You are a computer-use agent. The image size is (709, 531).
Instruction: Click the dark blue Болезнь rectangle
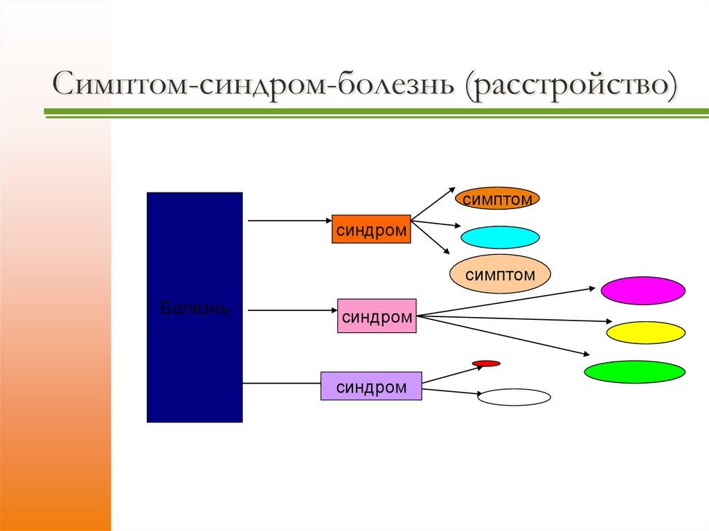pyautogui.click(x=195, y=307)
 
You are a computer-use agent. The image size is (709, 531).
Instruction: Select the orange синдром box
pyautogui.click(x=371, y=229)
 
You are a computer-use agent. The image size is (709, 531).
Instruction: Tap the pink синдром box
pyautogui.click(x=377, y=316)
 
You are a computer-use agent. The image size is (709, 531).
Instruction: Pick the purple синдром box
pyautogui.click(x=371, y=386)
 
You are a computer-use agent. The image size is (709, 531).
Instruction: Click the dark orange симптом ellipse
pyautogui.click(x=497, y=199)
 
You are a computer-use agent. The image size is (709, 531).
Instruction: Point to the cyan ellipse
pyautogui.click(x=500, y=237)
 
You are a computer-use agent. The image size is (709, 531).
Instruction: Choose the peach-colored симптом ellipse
pyautogui.click(x=500, y=274)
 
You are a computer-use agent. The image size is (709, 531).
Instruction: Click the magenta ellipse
pyautogui.click(x=643, y=291)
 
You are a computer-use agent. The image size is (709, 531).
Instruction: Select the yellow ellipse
pyautogui.click(x=645, y=333)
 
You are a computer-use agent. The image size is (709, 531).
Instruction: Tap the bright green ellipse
pyautogui.click(x=634, y=372)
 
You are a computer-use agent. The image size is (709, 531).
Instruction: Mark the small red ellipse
pyautogui.click(x=486, y=363)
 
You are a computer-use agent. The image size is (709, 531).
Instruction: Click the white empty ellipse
pyautogui.click(x=514, y=397)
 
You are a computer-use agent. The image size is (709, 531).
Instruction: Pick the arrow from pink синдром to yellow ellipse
pyautogui.click(x=516, y=319)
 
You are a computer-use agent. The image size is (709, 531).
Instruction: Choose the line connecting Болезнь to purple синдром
pyautogui.click(x=281, y=383)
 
